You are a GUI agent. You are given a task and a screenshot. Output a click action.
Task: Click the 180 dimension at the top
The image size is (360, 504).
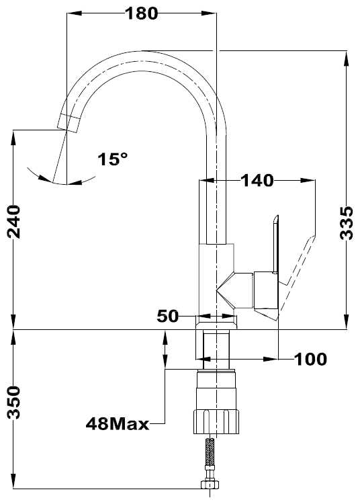pyautogui.click(x=142, y=13)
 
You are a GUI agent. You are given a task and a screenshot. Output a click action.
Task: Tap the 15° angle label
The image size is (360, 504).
pyautogui.click(x=112, y=159)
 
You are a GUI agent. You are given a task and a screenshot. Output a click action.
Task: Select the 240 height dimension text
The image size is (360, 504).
pyautogui.click(x=14, y=222)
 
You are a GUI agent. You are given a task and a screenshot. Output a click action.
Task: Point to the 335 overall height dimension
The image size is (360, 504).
pyautogui.click(x=347, y=223)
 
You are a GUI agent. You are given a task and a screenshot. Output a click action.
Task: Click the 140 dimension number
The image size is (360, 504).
pyautogui.click(x=257, y=181)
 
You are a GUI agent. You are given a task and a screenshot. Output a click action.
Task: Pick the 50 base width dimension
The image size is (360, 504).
pyautogui.click(x=167, y=317)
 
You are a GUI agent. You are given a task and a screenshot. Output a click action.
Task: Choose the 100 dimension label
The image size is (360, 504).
pyautogui.click(x=310, y=360)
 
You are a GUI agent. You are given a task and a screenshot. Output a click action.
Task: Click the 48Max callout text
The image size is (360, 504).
pyautogui.click(x=118, y=424)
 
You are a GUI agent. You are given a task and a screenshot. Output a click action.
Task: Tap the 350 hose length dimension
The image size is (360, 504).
pyautogui.click(x=14, y=402)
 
